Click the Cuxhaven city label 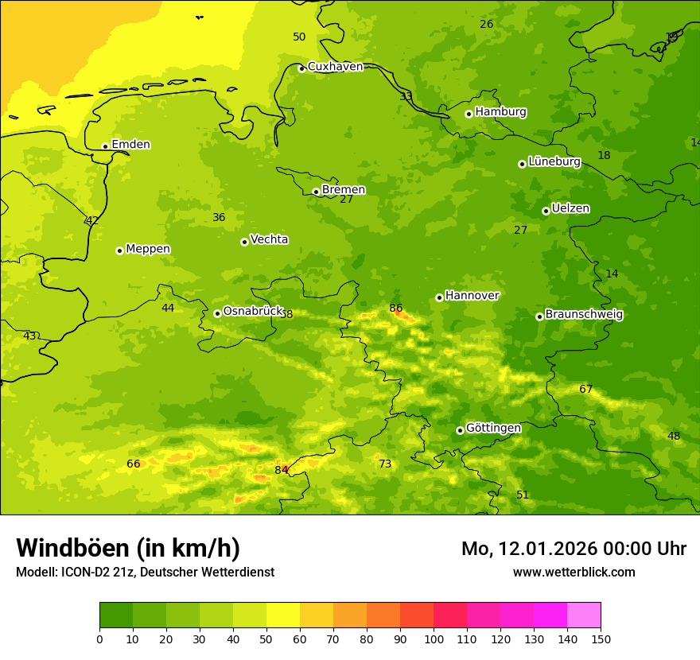click(x=335, y=67)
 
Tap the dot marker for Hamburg click(x=469, y=114)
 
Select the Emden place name click(x=130, y=145)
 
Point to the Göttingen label click(x=493, y=428)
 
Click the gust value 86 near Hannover click(x=396, y=309)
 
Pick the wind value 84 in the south click(x=282, y=470)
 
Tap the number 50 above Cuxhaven click(x=299, y=37)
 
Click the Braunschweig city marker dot click(x=539, y=316)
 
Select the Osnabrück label click(x=253, y=311)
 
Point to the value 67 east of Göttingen click(x=586, y=390)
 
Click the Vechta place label click(x=269, y=239)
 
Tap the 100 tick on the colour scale click(x=434, y=639)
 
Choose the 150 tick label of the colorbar click(x=601, y=639)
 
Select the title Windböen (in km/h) click(x=128, y=548)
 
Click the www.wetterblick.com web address click(x=574, y=573)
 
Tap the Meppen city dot click(x=120, y=250)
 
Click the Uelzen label click(x=570, y=208)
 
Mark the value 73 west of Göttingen click(x=385, y=464)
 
